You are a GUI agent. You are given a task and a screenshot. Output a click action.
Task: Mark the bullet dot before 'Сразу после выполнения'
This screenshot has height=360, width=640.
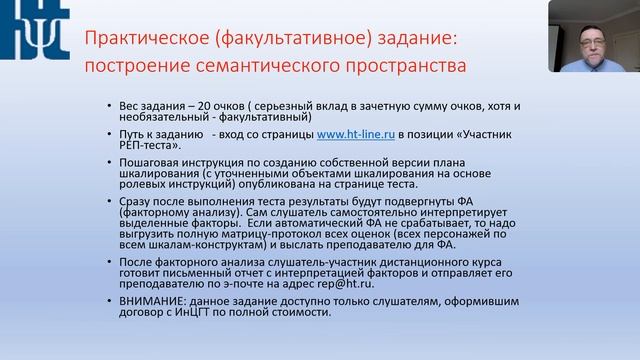click(108, 201)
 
